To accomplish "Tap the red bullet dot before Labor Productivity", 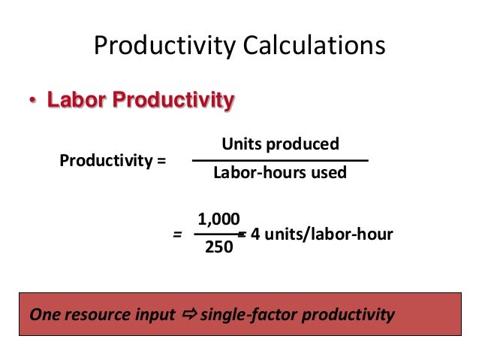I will [32, 101].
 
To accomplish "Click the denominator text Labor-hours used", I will [280, 173].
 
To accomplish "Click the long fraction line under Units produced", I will [280, 160].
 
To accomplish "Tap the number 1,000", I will [218, 219].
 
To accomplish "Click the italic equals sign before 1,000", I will [177, 234].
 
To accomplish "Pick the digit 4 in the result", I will [255, 234].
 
